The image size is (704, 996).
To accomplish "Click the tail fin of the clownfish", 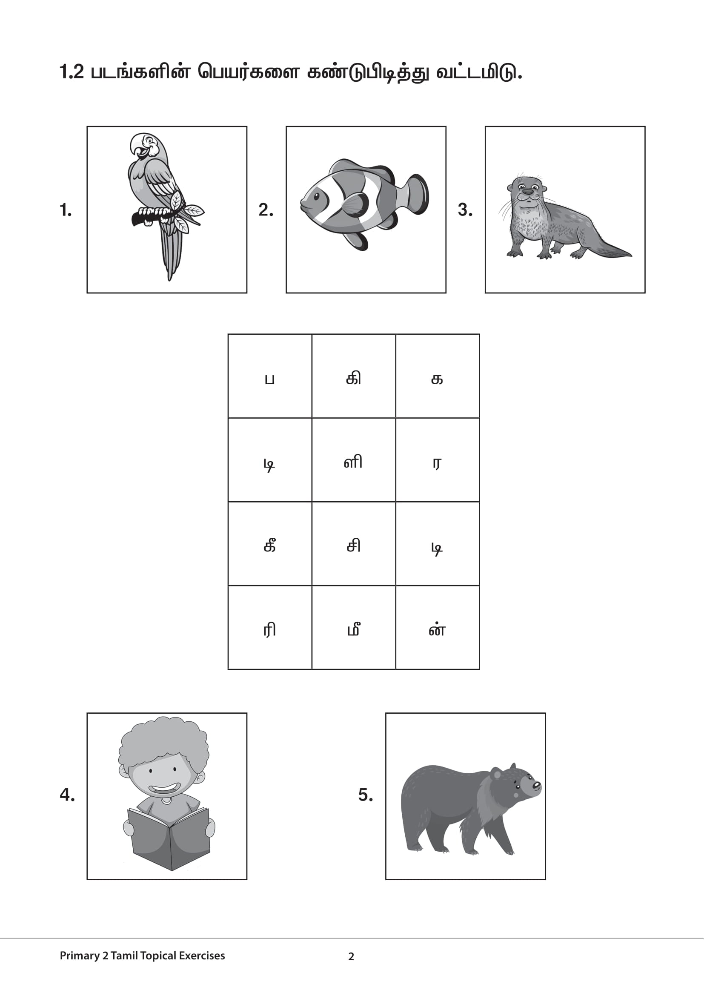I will [418, 193].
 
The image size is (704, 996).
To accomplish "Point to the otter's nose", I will [527, 191].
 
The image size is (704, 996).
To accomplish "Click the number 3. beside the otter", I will [465, 210].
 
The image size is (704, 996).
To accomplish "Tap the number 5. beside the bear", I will [366, 795].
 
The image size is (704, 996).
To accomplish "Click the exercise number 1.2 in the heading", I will [72, 72].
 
